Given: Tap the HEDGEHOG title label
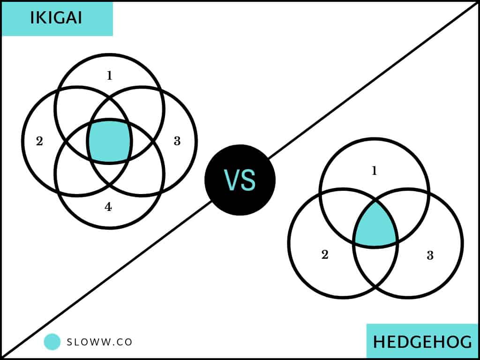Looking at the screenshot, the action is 423,342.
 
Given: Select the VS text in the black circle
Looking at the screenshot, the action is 240,180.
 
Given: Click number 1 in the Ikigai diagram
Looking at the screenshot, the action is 109,75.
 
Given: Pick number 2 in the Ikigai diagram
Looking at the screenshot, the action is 39,142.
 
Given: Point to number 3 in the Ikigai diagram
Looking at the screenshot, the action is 177,141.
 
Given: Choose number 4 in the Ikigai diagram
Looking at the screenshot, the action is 108,207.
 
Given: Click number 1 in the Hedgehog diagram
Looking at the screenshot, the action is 374,171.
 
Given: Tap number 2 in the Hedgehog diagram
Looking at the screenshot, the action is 325,255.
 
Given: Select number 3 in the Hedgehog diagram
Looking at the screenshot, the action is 430,255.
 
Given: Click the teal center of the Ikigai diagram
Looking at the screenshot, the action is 110,141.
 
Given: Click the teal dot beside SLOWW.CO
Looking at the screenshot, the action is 52,342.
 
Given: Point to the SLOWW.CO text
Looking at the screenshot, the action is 99,342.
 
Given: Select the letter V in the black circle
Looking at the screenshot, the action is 232,180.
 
